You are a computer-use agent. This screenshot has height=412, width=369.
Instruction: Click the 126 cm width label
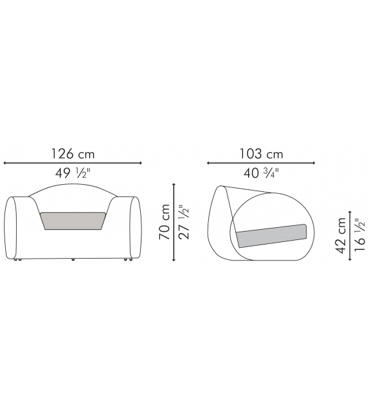(x=73, y=154)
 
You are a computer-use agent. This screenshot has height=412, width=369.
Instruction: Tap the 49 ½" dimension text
(x=73, y=173)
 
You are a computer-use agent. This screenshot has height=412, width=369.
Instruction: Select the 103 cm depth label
(x=261, y=154)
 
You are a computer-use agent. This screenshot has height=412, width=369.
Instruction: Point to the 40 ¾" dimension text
(x=261, y=173)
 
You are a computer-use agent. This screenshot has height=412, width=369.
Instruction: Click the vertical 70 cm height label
(x=165, y=222)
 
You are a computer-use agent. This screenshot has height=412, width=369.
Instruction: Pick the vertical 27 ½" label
(x=184, y=222)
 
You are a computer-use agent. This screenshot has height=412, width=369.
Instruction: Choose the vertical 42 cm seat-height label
(x=341, y=236)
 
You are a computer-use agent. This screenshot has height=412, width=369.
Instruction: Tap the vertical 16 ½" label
(x=360, y=235)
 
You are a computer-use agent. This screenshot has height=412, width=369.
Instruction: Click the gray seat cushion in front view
(x=73, y=221)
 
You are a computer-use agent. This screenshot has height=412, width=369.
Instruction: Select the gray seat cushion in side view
(x=271, y=236)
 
